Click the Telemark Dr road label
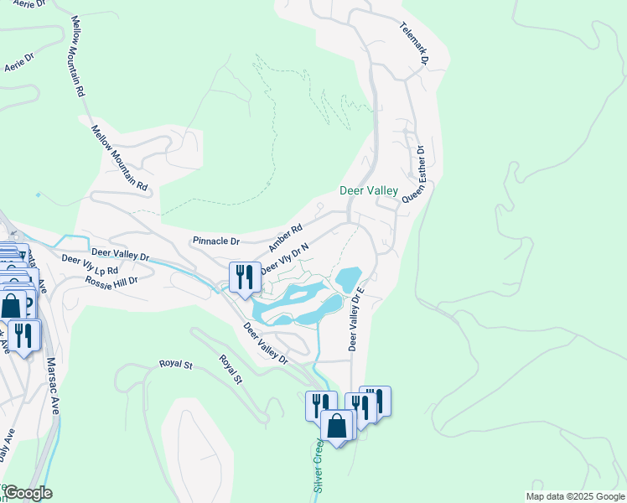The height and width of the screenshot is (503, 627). click(413, 44)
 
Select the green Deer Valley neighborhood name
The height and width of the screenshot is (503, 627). click(368, 191)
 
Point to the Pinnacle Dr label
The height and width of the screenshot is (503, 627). click(215, 241)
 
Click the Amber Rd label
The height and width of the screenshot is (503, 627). click(285, 237)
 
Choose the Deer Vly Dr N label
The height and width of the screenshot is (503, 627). click(285, 258)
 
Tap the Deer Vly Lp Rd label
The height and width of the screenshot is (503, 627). click(90, 265)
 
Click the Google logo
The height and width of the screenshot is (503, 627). click(27, 493)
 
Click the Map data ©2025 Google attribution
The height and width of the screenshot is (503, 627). click(575, 496)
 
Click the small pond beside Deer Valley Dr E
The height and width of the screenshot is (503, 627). click(347, 277)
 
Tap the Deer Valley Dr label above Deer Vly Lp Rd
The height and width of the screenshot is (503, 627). click(120, 253)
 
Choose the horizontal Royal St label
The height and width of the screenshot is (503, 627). click(176, 365)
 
